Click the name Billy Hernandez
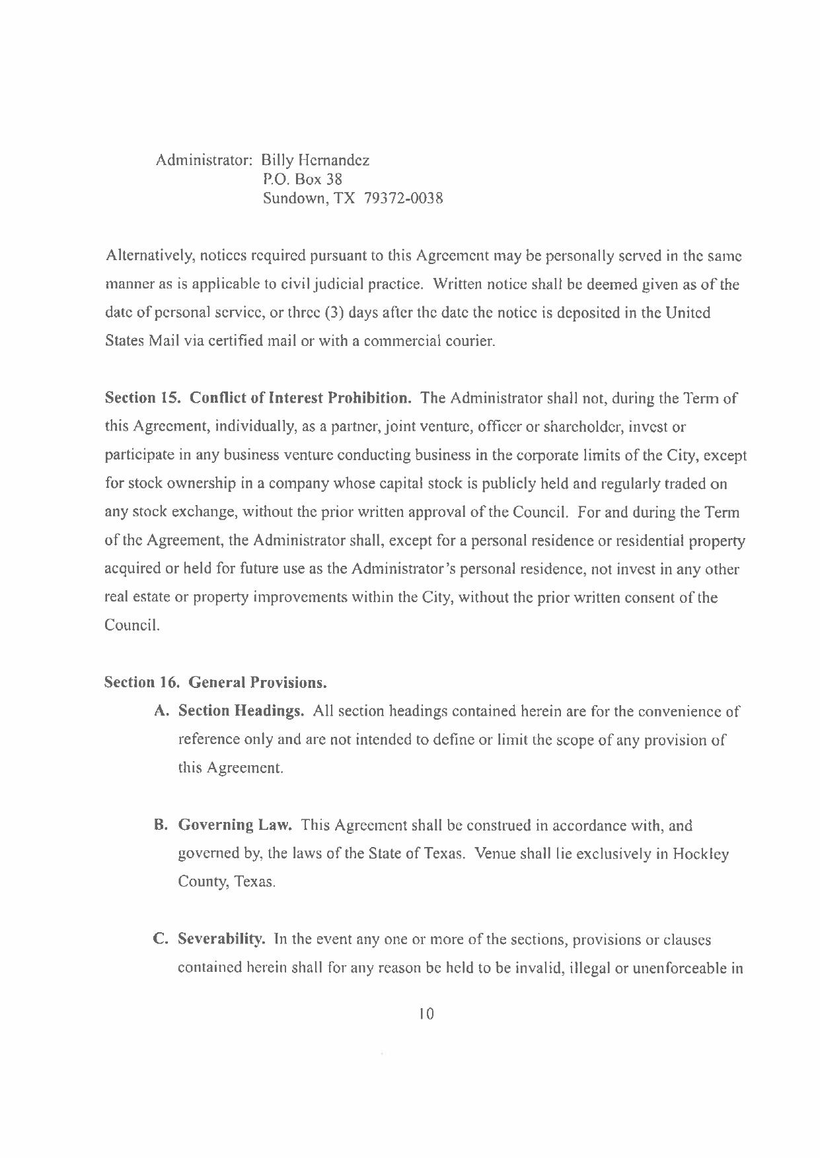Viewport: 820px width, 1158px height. click(x=315, y=160)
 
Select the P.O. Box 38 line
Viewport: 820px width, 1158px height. click(x=302, y=180)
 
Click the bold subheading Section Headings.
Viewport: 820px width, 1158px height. click(x=241, y=711)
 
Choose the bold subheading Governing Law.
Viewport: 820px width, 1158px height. click(x=235, y=825)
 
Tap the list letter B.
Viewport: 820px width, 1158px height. click(x=159, y=825)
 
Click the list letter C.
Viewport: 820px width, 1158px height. click(x=159, y=939)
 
